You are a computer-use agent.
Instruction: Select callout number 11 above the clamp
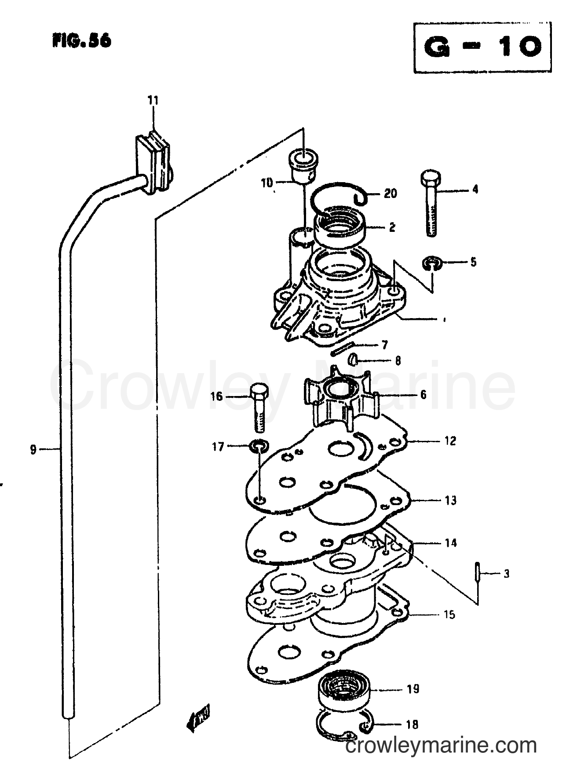153,100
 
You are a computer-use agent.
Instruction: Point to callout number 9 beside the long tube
33,450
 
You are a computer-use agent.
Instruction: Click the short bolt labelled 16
259,407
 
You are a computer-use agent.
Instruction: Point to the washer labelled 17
259,447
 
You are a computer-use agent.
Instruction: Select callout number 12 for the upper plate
449,440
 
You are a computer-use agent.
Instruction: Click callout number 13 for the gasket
450,500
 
